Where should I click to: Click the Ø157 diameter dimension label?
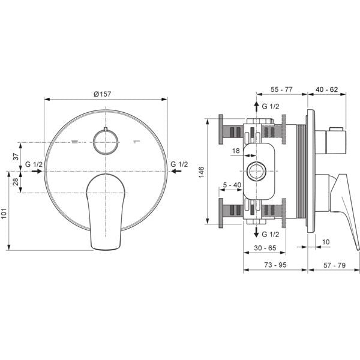(x=103, y=94)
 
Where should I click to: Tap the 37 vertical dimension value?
(x=16, y=157)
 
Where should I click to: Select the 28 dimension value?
(x=16, y=182)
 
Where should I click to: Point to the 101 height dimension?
(x=5, y=214)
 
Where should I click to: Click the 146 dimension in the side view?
(x=201, y=172)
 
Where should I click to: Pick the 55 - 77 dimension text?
(x=281, y=89)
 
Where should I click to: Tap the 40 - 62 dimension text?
(x=327, y=89)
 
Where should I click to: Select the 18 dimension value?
(x=236, y=151)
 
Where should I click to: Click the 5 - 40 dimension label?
(x=232, y=185)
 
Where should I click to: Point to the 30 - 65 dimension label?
(x=265, y=248)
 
